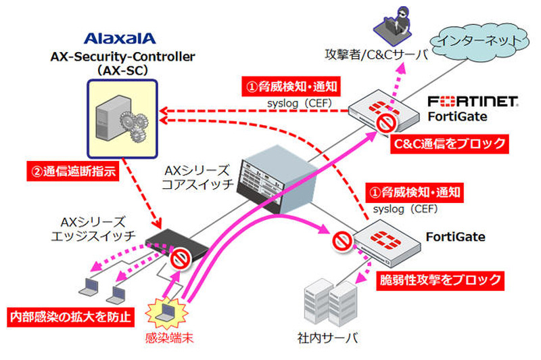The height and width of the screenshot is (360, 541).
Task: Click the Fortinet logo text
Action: point(474,102)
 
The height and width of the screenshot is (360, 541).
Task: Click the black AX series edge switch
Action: point(169,239)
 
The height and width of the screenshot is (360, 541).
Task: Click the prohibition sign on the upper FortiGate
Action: point(386,123)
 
